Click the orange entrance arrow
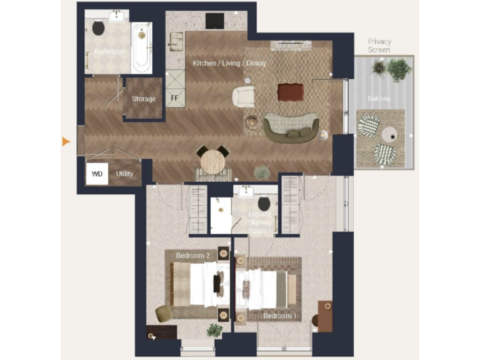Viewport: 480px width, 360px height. [66, 142]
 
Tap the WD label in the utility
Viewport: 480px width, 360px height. [97, 173]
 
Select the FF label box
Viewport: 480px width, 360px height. [174, 98]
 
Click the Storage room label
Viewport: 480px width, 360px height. [144, 99]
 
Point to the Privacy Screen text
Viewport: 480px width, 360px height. [379, 46]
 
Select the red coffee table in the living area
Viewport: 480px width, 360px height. [290, 92]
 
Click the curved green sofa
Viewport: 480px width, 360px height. [291, 127]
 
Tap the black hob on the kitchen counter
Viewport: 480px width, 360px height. [215, 21]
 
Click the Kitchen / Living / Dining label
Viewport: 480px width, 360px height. [229, 63]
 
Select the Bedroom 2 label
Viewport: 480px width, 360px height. [192, 256]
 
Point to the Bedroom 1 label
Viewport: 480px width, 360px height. [279, 316]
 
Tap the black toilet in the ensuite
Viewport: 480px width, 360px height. [264, 203]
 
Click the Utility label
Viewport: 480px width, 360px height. [125, 174]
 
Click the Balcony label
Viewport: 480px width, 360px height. [379, 99]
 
